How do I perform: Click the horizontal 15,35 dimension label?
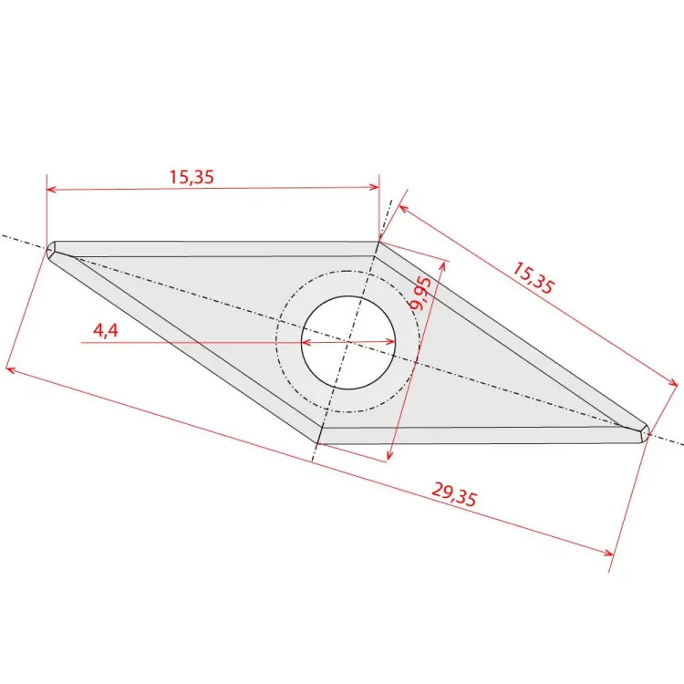[x=192, y=177]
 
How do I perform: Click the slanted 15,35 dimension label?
[x=534, y=277]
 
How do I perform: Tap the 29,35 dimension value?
[x=454, y=494]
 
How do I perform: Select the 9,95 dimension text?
[x=420, y=293]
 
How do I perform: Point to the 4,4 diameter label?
[x=106, y=331]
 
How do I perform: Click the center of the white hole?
[x=348, y=342]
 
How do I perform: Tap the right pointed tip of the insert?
[x=648, y=432]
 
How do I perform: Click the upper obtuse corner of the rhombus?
[x=378, y=242]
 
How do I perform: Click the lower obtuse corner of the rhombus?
[x=318, y=443]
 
